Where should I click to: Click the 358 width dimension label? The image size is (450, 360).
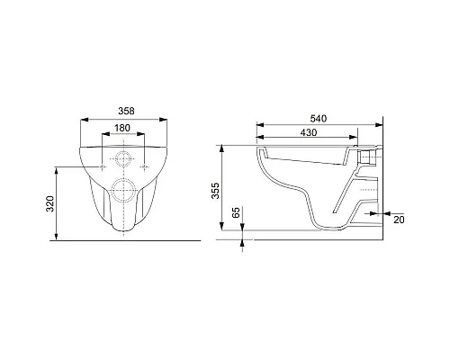126,111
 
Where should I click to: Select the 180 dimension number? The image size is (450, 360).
122,128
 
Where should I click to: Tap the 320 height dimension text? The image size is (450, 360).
49,203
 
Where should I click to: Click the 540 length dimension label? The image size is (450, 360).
319,119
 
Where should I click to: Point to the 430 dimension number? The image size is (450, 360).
309,132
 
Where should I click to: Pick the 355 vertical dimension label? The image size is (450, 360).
215,191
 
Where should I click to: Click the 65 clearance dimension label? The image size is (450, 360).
237,212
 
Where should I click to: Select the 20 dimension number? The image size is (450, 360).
399,220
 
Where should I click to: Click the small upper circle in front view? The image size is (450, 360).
123,158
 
